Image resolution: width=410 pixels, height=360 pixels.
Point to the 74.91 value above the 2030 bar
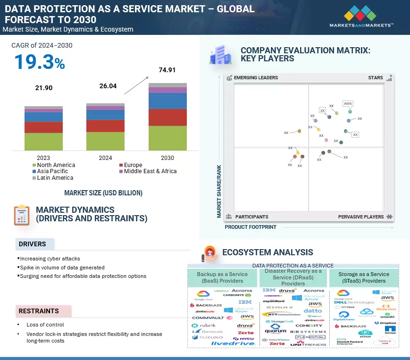167,70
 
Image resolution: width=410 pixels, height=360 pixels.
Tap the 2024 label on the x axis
105,158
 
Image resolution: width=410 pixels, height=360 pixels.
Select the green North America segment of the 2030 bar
167,138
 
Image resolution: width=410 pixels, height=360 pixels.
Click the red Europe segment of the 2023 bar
43,127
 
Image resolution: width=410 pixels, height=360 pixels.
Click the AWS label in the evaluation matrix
348,103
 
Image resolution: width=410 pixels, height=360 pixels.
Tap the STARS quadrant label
376,77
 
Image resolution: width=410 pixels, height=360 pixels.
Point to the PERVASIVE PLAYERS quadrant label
361,217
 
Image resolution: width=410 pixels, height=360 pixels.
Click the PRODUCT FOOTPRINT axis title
251,227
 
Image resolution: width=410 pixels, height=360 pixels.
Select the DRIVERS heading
33,244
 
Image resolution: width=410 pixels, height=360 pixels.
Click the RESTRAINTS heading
39,311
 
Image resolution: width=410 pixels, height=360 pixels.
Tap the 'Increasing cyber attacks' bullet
50,259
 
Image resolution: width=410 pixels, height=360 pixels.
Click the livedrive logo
233,343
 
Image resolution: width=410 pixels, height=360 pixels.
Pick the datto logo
313,310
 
